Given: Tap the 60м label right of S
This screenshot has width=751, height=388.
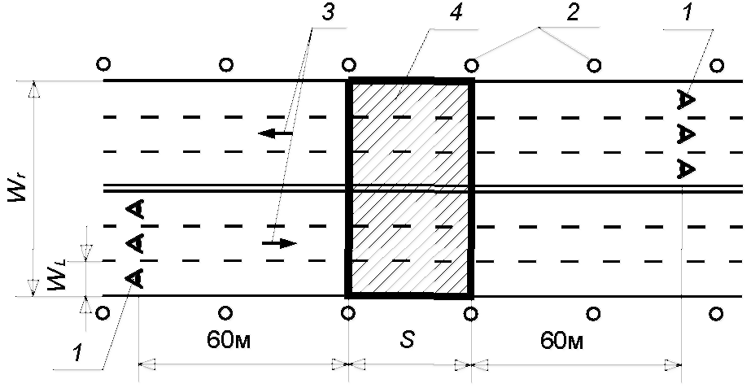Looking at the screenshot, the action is [x=562, y=339].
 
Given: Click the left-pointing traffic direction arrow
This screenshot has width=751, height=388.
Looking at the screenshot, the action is [x=276, y=133].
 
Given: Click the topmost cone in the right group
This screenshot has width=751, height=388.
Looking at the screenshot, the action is [x=685, y=99].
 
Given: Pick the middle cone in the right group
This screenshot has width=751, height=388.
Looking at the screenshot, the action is [x=685, y=133].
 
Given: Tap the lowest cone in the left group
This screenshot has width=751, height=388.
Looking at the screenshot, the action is [x=135, y=278].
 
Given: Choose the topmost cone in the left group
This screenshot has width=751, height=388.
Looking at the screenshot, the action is [x=135, y=210].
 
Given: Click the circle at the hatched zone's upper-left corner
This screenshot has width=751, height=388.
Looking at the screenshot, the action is [x=348, y=63].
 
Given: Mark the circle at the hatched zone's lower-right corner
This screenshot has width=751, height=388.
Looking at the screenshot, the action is [x=471, y=312].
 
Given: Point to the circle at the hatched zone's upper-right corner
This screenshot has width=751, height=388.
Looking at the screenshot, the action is [x=471, y=63].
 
